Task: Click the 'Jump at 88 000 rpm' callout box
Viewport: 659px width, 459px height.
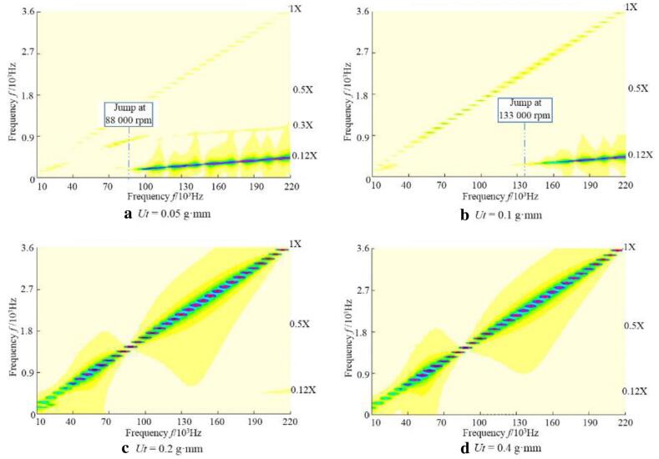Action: [129, 114]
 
